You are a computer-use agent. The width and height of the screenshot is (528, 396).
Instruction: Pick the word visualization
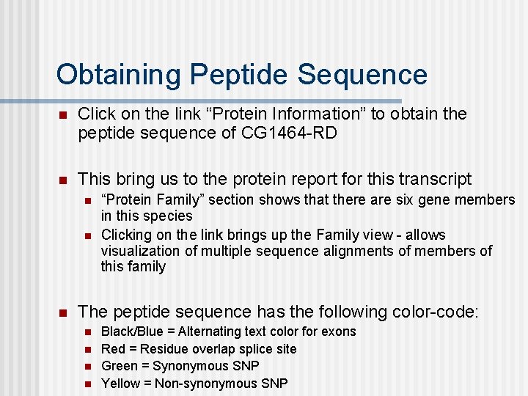click(138, 251)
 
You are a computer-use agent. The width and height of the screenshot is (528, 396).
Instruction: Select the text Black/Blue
click(132, 331)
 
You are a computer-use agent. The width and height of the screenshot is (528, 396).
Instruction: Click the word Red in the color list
click(113, 349)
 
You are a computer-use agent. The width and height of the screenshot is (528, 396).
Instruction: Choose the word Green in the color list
click(119, 366)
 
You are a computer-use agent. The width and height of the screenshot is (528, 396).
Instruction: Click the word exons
click(340, 331)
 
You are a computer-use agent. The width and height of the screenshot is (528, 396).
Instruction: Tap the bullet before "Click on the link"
click(63, 114)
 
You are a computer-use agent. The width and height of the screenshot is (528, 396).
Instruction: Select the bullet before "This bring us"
click(63, 180)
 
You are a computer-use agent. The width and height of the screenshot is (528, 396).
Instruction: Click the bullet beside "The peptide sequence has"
click(63, 312)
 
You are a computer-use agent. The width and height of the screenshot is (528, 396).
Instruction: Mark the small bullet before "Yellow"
click(87, 384)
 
